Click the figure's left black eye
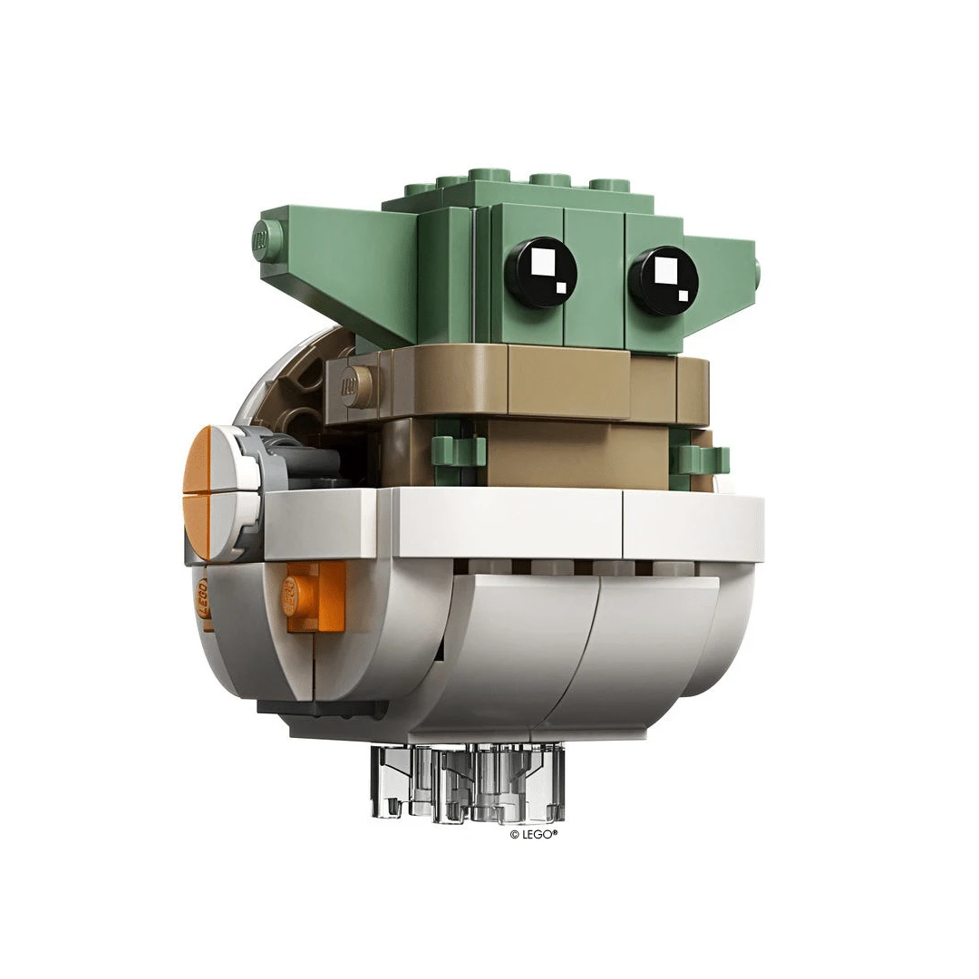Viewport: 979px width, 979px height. point(540,273)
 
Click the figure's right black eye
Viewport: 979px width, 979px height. point(663,280)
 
